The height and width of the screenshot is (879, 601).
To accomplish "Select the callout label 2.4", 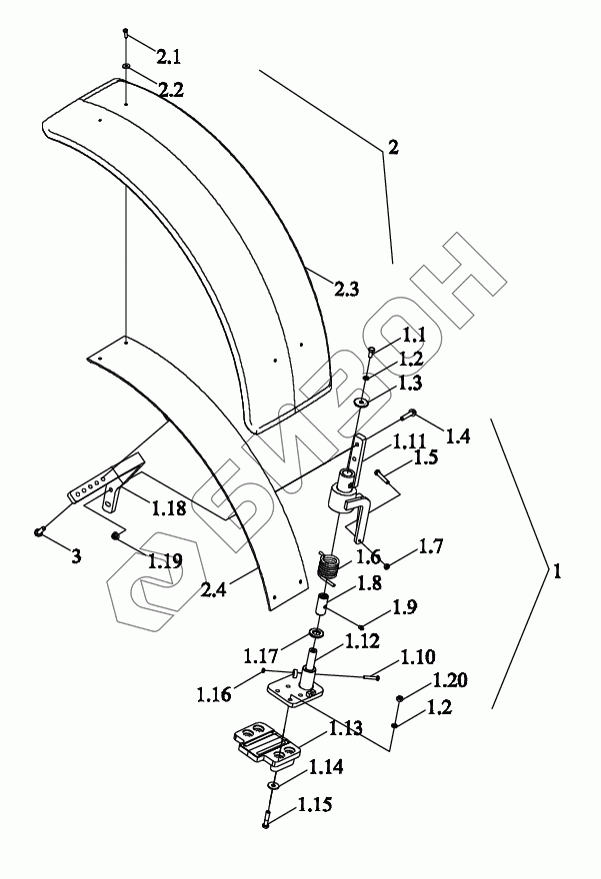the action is coord(214,591).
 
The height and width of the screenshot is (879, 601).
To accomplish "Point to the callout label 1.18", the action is coord(168,508).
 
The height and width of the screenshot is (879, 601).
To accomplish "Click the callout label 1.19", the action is coord(165,560).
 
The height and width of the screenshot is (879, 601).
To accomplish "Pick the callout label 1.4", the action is coord(457,437).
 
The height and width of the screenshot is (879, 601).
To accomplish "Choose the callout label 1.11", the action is coord(410,439).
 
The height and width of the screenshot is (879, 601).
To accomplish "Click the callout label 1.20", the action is coord(450,681).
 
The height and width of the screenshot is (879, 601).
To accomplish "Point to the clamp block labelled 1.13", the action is coord(268,747).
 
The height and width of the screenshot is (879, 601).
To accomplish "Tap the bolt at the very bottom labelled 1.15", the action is coord(269,822).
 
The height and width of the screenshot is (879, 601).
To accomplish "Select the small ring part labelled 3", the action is coord(40,531).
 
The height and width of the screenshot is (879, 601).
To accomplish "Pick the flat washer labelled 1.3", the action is coord(360,404).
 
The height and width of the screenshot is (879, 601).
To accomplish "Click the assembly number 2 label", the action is coord(393,148).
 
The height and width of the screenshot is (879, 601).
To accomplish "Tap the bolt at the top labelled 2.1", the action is coord(126,34).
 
